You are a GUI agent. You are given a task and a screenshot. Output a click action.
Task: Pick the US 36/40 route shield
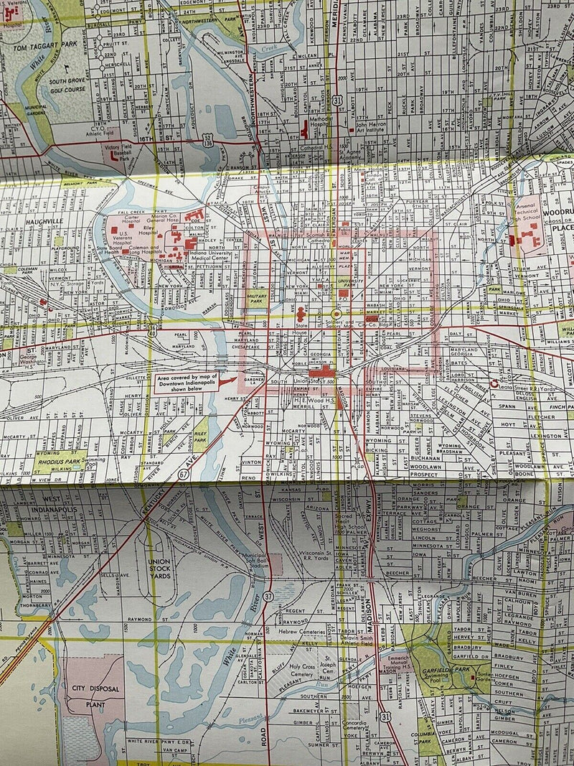click(x=154, y=329)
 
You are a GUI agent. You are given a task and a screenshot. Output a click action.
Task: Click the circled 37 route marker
click(x=268, y=596)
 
